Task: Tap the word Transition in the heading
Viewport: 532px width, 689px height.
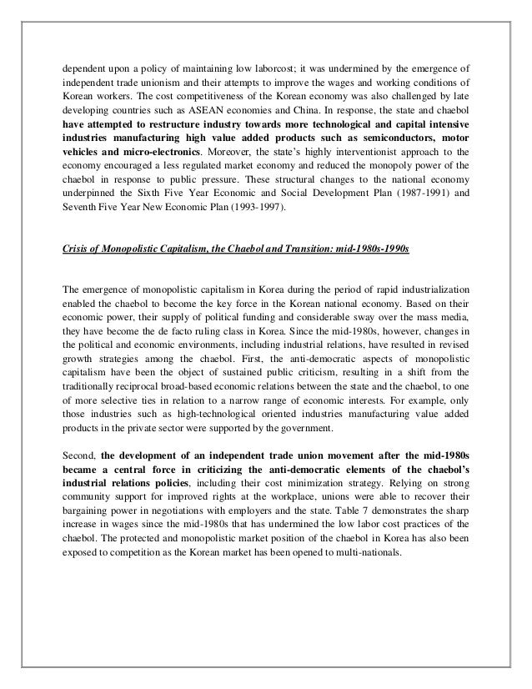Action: [291, 249]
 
